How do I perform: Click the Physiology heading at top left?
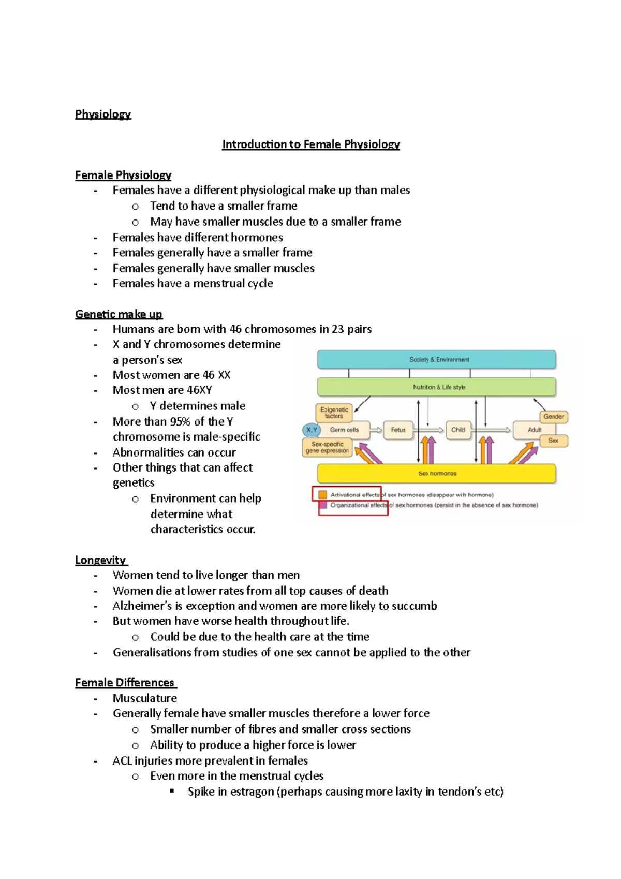tap(103, 114)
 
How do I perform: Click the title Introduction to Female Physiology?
tap(310, 144)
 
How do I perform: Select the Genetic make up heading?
tap(119, 314)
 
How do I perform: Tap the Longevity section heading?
tap(100, 560)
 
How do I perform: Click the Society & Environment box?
tap(436, 359)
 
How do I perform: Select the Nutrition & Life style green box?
tap(436, 387)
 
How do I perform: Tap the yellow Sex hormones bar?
tap(436, 473)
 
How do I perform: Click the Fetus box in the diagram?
tap(398, 430)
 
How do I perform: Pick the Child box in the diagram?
tap(458, 430)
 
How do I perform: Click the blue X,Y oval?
tap(312, 430)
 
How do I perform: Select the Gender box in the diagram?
tap(553, 416)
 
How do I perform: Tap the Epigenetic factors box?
tap(334, 413)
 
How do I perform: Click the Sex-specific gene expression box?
tap(327, 447)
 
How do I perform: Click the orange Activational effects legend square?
tap(323, 495)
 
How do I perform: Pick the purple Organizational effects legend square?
tap(323, 505)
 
